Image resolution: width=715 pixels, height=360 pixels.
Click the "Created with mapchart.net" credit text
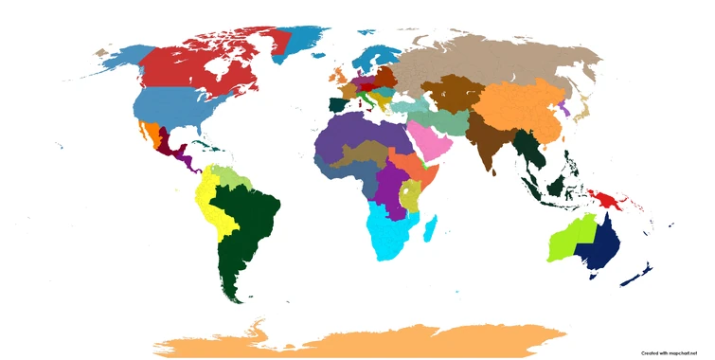[x=674, y=352]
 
